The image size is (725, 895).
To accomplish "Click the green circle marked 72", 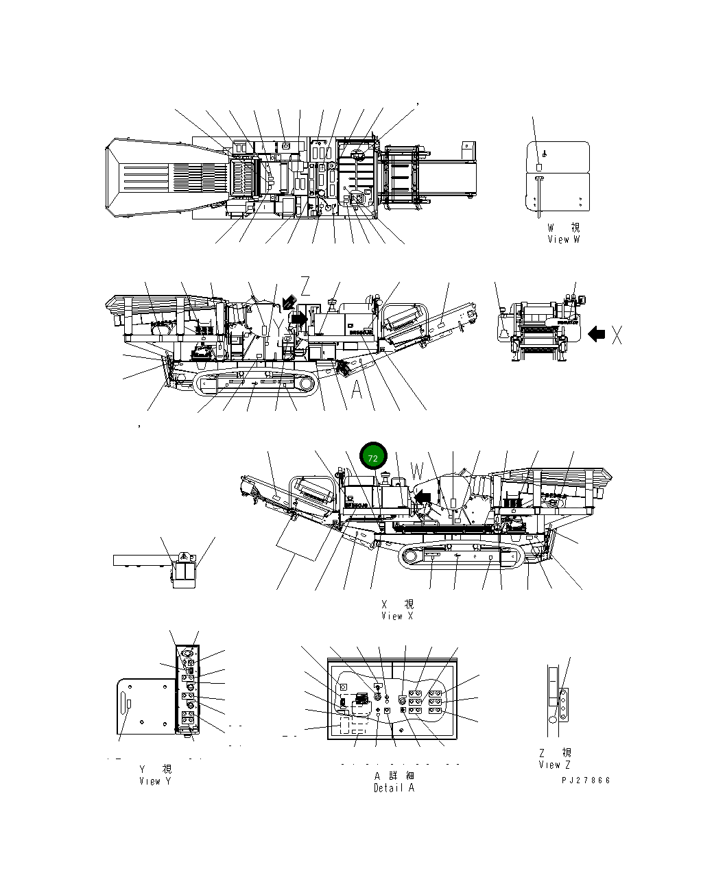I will tap(373, 457).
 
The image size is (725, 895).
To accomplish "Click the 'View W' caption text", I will tap(563, 239).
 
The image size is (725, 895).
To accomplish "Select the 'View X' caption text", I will tap(397, 616).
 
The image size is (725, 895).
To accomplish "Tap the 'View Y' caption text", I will tap(155, 781).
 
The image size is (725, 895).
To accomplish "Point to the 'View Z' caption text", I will tap(554, 765).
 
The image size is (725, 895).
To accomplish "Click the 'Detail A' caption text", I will tap(394, 788).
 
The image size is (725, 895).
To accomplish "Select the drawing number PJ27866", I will tap(585, 780).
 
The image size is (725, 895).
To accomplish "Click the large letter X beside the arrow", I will tap(617, 335).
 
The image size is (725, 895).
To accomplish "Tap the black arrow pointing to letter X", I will tap(596, 335).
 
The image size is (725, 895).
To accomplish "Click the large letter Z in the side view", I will tap(305, 287).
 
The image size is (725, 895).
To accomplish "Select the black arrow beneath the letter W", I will tap(425, 494).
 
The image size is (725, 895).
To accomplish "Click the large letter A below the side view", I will tap(357, 390).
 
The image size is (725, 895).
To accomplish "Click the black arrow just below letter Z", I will tap(299, 318).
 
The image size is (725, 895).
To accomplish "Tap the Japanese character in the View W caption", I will tap(575, 228).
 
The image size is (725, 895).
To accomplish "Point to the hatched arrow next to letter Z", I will tap(289, 302).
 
